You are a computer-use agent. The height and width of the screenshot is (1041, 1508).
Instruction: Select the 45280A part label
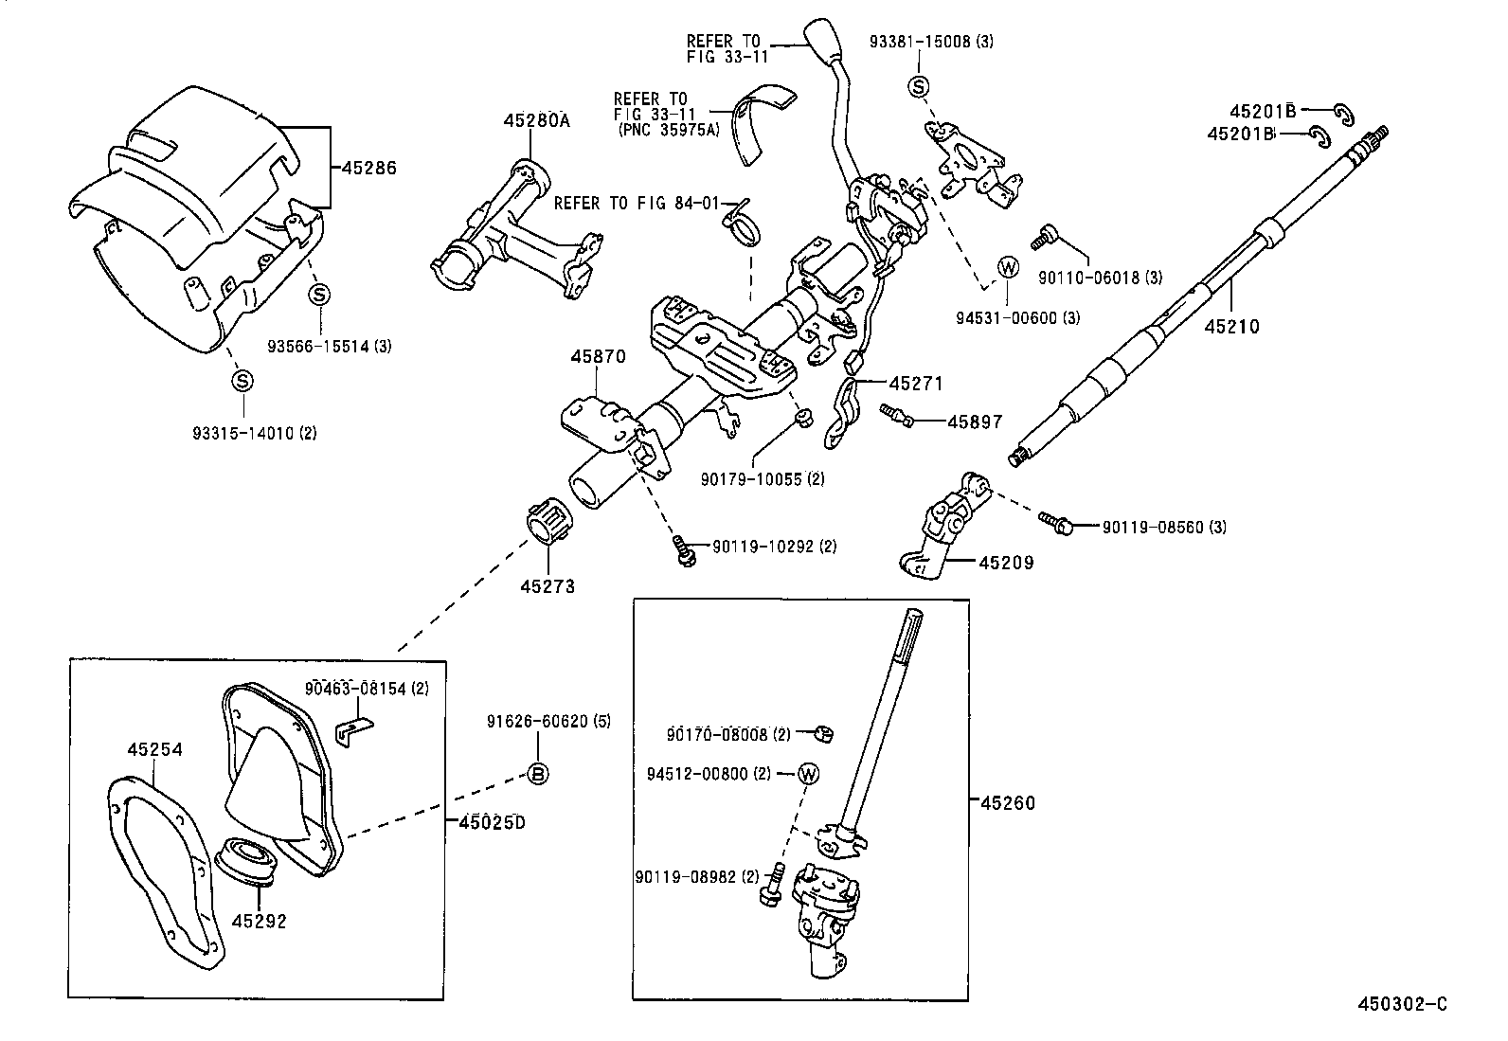(x=536, y=120)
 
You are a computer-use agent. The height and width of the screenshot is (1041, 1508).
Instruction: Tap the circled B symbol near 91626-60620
(x=537, y=774)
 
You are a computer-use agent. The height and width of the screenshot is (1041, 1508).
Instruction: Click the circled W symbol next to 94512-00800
(x=808, y=773)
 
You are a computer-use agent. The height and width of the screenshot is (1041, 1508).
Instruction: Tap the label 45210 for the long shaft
(x=1231, y=327)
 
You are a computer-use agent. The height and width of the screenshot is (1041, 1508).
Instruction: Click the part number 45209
(x=1005, y=563)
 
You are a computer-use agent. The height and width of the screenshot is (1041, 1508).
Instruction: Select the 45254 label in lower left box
(x=154, y=749)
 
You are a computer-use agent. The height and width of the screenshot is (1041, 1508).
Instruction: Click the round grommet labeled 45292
(x=251, y=861)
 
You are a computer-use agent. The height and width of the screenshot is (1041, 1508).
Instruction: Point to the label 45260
(x=1008, y=803)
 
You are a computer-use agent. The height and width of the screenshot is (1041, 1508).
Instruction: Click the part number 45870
(x=598, y=357)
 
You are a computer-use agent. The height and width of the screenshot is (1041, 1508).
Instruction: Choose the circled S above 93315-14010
(x=242, y=381)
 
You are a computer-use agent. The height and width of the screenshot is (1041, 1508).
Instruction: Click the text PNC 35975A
(x=668, y=130)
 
